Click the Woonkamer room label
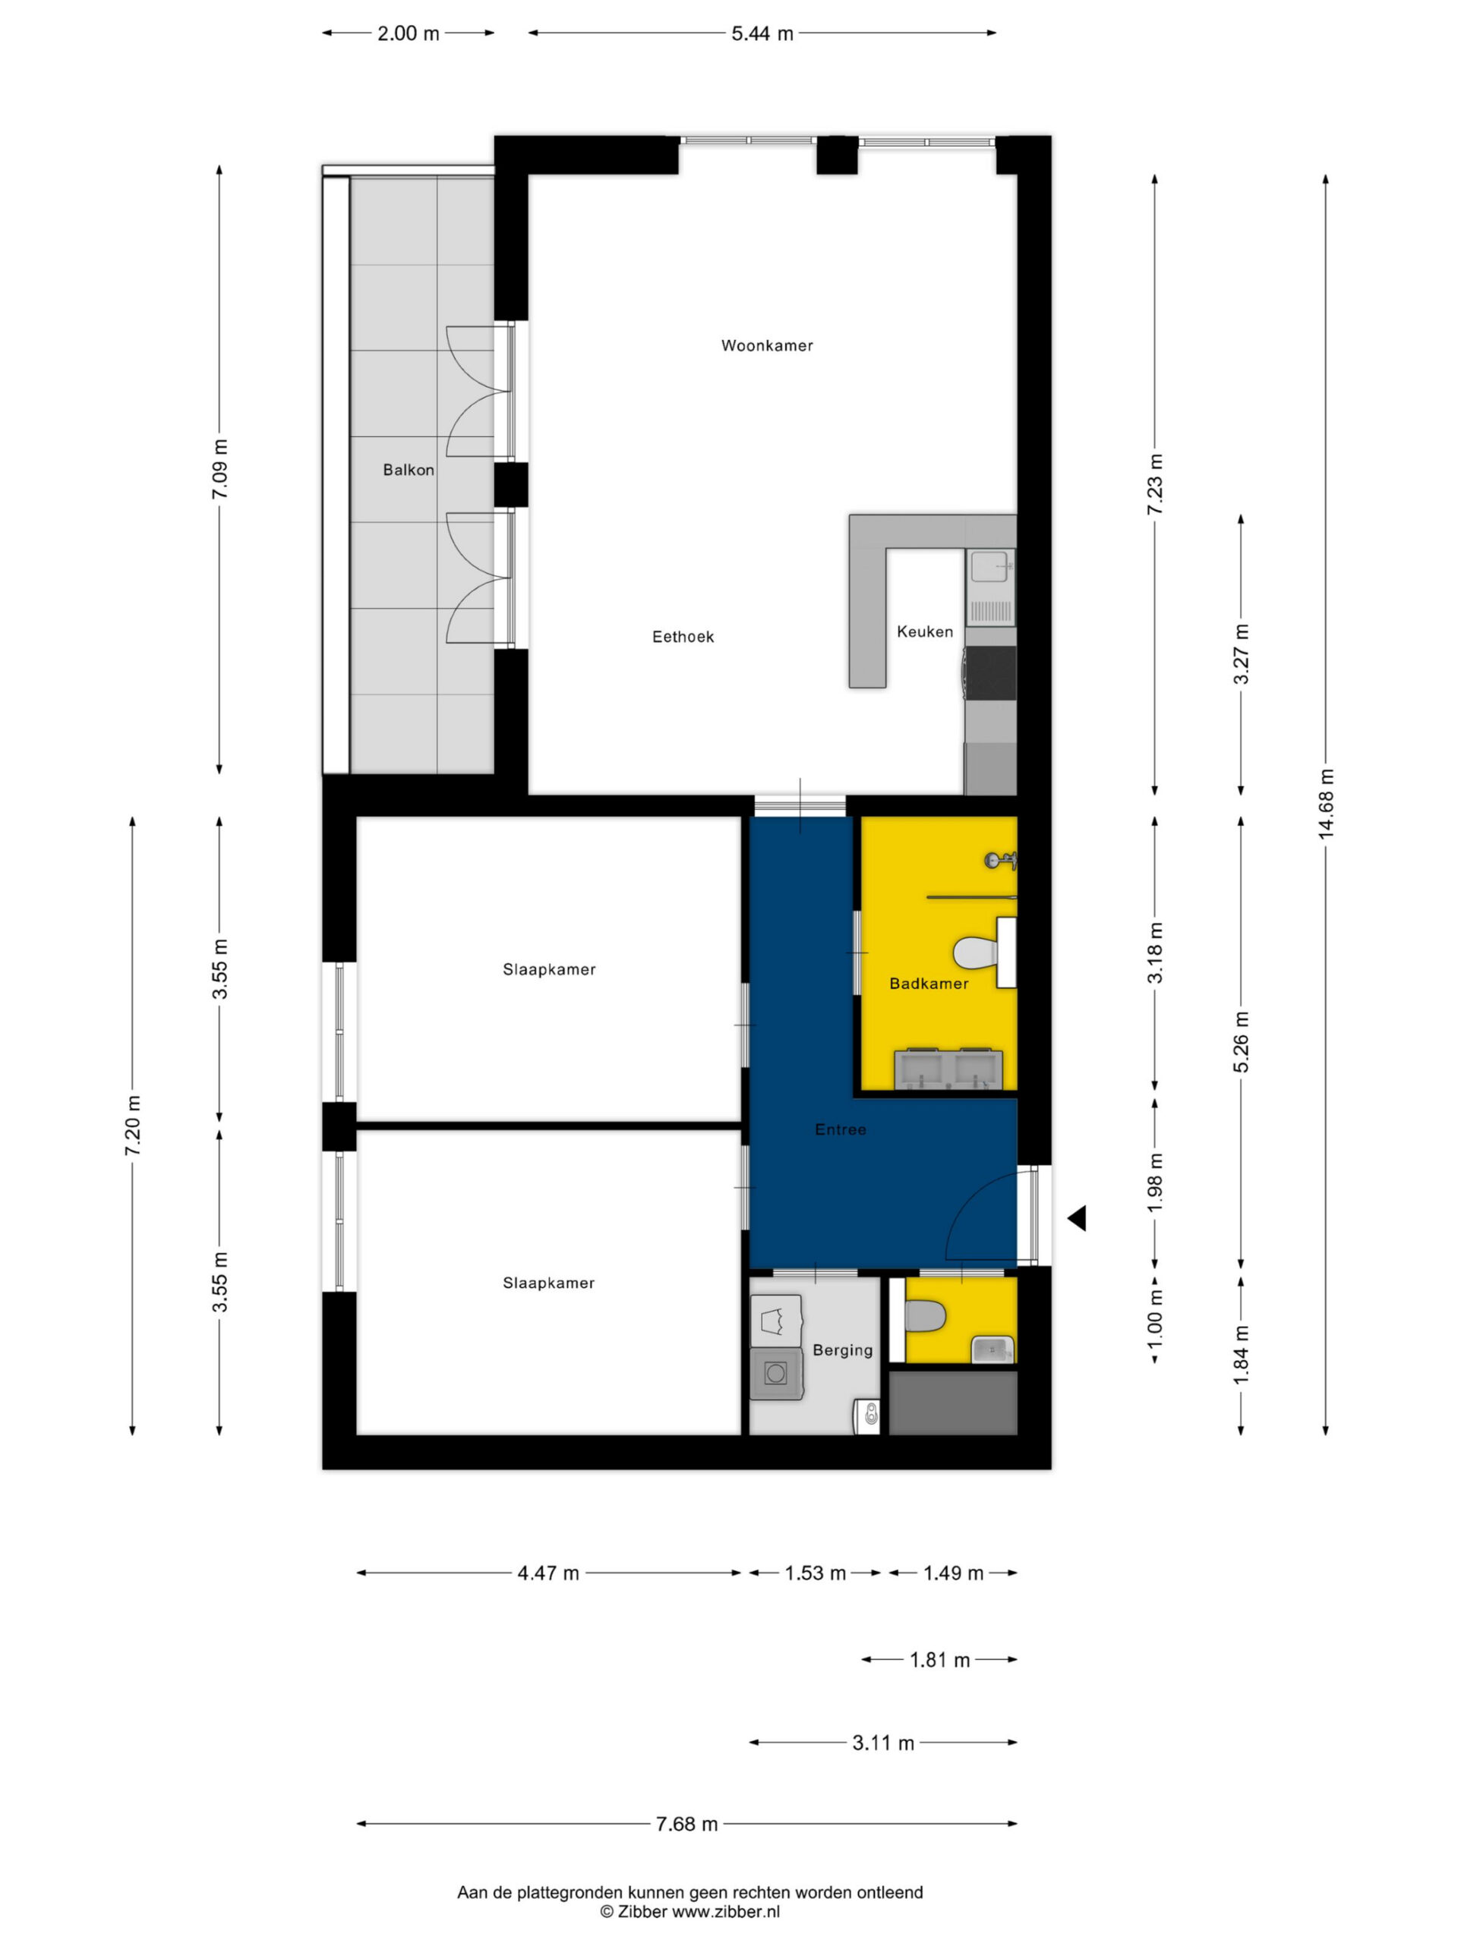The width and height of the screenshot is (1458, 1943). point(766,345)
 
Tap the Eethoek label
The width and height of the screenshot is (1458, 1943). point(683,637)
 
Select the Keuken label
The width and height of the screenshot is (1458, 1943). point(925,631)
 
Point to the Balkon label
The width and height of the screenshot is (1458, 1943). point(408,470)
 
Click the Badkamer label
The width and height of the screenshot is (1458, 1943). point(929,984)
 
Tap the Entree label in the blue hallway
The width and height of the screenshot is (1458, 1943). point(840,1129)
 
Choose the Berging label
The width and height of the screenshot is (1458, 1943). point(842,1351)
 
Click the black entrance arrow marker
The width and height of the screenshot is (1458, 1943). point(1077,1218)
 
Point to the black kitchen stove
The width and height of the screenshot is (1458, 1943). point(990,674)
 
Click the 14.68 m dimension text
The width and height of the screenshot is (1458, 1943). point(1326,804)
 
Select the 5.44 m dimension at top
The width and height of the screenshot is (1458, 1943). point(762,33)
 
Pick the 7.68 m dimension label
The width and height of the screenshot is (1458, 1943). point(686,1825)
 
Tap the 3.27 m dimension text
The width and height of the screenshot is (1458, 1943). point(1241,654)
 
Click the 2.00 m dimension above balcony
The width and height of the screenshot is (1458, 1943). point(408,33)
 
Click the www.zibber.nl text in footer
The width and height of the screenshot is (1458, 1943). point(726,1911)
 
